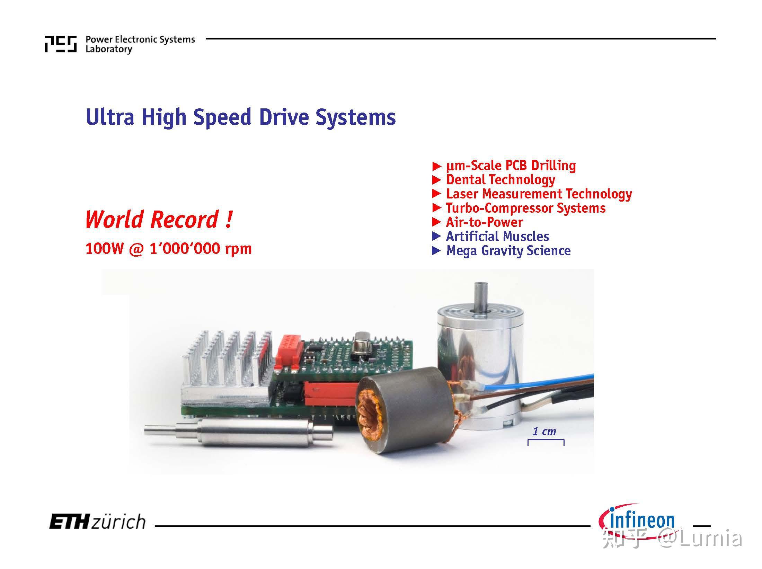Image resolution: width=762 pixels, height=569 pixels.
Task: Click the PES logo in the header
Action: [61, 44]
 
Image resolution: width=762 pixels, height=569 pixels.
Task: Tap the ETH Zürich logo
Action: [97, 522]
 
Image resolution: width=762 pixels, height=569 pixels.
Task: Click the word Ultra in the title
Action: [110, 117]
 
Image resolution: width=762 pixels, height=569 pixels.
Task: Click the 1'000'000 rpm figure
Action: [201, 249]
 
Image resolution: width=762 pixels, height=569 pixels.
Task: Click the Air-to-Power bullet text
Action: [484, 222]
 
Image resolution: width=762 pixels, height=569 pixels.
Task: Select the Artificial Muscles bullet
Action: [497, 236]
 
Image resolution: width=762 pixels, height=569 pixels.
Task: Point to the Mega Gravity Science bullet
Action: [508, 250]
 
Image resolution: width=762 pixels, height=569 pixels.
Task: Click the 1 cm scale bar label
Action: [544, 431]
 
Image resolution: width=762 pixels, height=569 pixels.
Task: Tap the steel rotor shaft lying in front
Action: [238, 432]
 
